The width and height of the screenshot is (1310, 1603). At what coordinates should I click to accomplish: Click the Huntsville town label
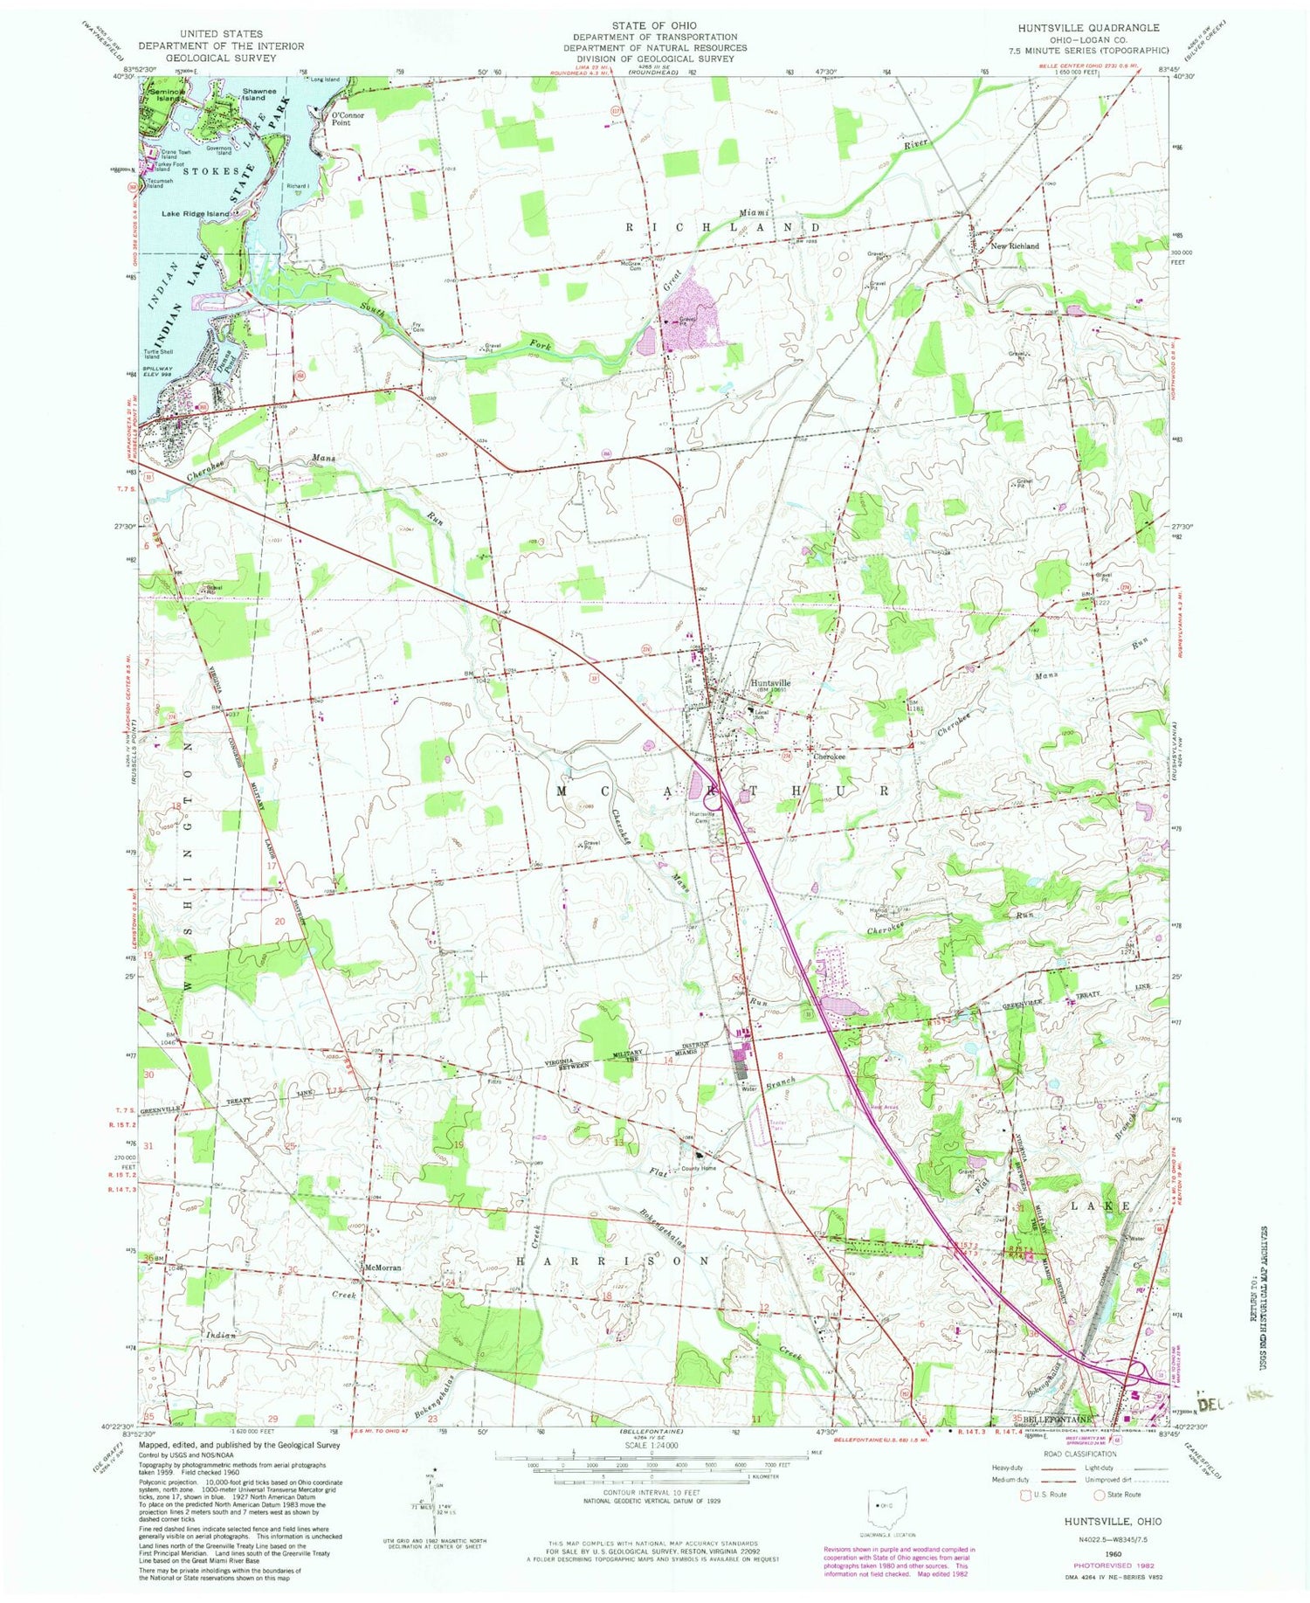point(770,683)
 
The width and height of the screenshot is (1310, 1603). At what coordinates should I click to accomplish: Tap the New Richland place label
point(1014,246)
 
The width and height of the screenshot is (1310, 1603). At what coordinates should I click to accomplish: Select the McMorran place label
point(383,1268)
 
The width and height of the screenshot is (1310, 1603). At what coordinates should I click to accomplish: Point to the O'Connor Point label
point(341,119)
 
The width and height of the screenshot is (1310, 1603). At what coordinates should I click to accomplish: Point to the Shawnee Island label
point(254,94)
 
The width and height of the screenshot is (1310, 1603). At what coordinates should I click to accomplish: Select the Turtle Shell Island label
point(164,354)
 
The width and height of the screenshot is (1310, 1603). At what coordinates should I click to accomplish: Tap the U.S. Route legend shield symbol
point(1026,1495)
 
